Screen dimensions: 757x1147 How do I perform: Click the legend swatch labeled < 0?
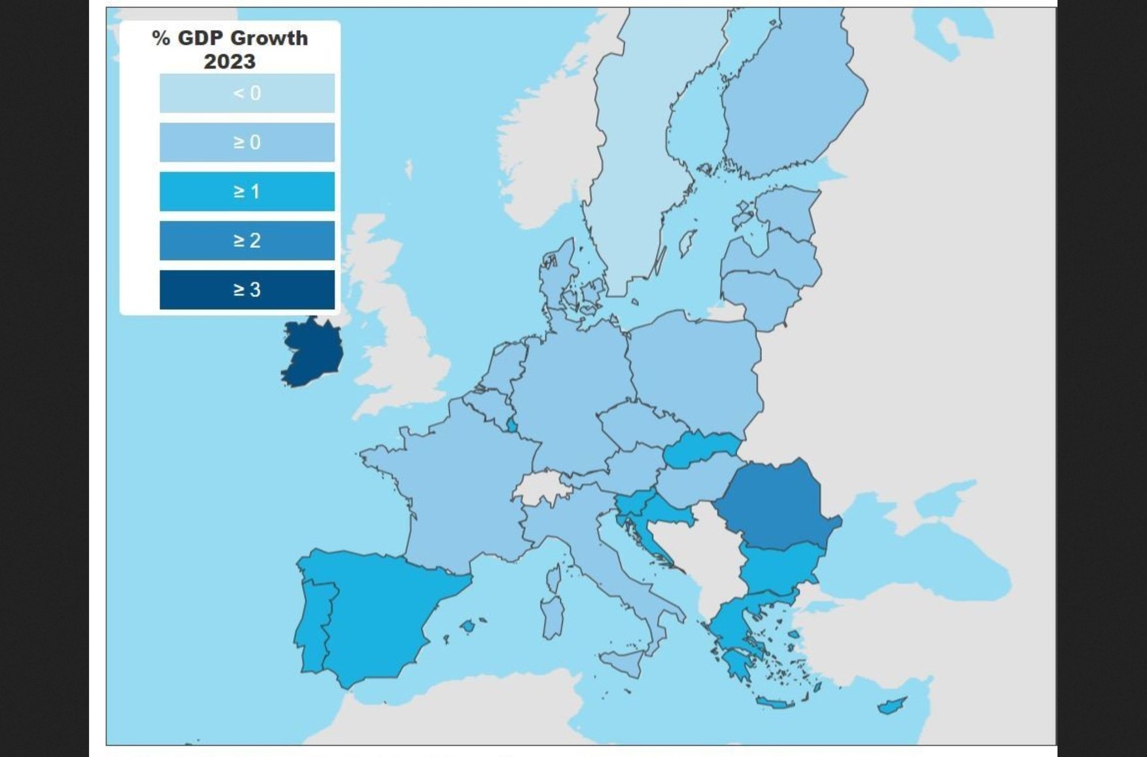point(247,93)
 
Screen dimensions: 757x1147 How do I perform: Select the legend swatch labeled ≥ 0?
point(247,142)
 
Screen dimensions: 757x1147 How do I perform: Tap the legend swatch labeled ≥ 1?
point(247,192)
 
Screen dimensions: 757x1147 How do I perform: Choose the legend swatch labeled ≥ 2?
point(247,241)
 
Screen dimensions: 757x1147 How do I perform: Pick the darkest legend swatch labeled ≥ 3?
point(247,290)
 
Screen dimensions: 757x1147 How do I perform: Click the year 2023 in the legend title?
point(229,61)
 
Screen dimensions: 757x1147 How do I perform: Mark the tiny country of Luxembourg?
point(512,427)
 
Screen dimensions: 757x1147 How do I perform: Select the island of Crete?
point(776,703)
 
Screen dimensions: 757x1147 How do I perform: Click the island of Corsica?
point(553,578)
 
